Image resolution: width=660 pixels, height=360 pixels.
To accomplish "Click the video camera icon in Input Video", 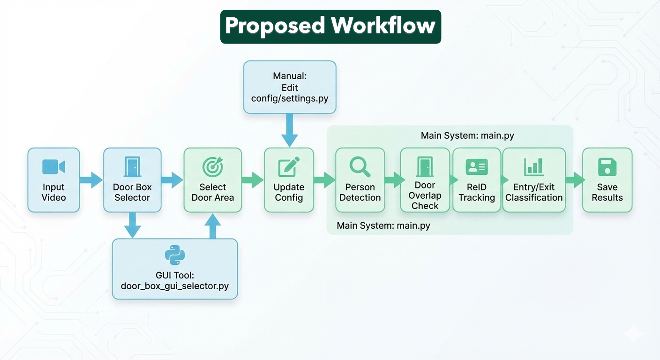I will (x=53, y=167).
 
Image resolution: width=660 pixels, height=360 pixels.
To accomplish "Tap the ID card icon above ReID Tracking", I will (x=477, y=167).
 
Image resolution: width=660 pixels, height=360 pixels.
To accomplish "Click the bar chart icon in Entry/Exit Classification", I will (x=533, y=167).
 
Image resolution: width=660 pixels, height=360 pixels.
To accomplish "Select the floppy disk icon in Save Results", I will (x=607, y=167).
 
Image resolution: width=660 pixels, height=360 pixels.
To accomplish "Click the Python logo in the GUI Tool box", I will (x=175, y=255).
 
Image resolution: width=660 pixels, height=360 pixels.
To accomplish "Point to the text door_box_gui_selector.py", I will (x=175, y=285).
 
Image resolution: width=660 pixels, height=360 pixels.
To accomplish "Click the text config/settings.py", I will (x=290, y=98).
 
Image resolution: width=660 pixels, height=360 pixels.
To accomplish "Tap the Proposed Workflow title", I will (x=330, y=26).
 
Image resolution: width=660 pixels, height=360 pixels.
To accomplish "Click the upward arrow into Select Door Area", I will (x=212, y=226).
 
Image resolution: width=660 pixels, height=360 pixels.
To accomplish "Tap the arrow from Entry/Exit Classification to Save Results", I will (x=574, y=180).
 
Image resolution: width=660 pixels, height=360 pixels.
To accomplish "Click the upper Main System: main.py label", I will (x=467, y=136).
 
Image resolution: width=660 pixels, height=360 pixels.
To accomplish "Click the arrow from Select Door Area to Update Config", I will (x=253, y=180).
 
